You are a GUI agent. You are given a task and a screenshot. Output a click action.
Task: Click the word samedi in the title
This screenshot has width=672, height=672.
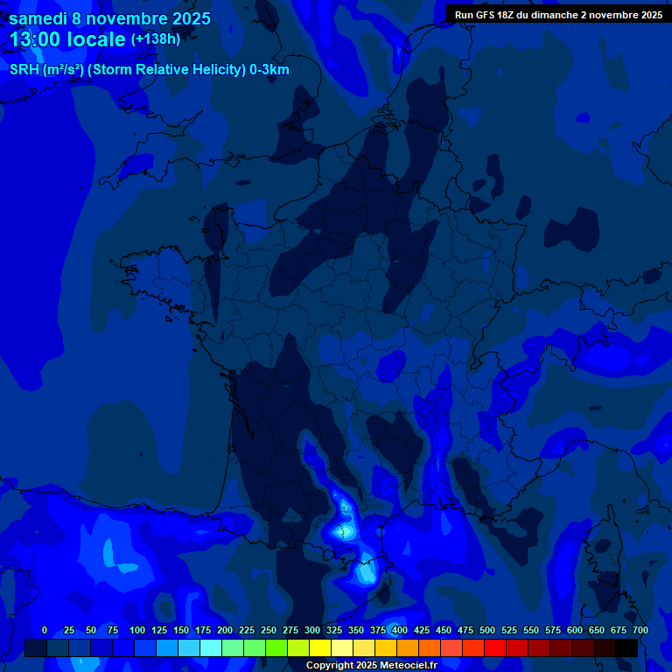tap(39, 18)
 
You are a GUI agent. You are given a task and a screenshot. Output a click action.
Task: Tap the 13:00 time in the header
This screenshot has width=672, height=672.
tap(34, 39)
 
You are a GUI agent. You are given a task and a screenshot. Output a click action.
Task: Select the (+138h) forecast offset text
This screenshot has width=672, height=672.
tap(155, 39)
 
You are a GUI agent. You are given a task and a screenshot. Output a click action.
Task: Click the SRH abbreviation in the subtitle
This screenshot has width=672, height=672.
tap(24, 70)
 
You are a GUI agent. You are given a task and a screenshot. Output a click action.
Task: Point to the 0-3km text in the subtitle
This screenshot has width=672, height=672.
tap(269, 70)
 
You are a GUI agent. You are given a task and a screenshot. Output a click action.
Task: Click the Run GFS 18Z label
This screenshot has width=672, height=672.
tap(486, 14)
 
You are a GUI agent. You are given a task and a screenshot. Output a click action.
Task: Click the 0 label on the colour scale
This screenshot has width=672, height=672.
tap(45, 630)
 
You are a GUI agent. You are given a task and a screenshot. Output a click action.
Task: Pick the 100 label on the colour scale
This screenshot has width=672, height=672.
tap(137, 630)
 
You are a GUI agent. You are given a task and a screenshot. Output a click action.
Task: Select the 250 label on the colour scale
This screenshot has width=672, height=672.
tap(269, 630)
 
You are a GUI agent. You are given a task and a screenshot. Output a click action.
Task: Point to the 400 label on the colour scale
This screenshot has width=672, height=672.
tap(400, 630)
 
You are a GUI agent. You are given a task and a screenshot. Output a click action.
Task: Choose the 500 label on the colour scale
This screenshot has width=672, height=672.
tap(487, 630)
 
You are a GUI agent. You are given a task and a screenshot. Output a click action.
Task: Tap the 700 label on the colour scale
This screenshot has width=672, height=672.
tap(640, 630)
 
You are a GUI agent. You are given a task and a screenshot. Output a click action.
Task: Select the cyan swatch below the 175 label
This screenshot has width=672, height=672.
tap(210, 647)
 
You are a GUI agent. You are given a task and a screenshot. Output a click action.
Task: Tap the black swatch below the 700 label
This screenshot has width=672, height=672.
tap(626, 647)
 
